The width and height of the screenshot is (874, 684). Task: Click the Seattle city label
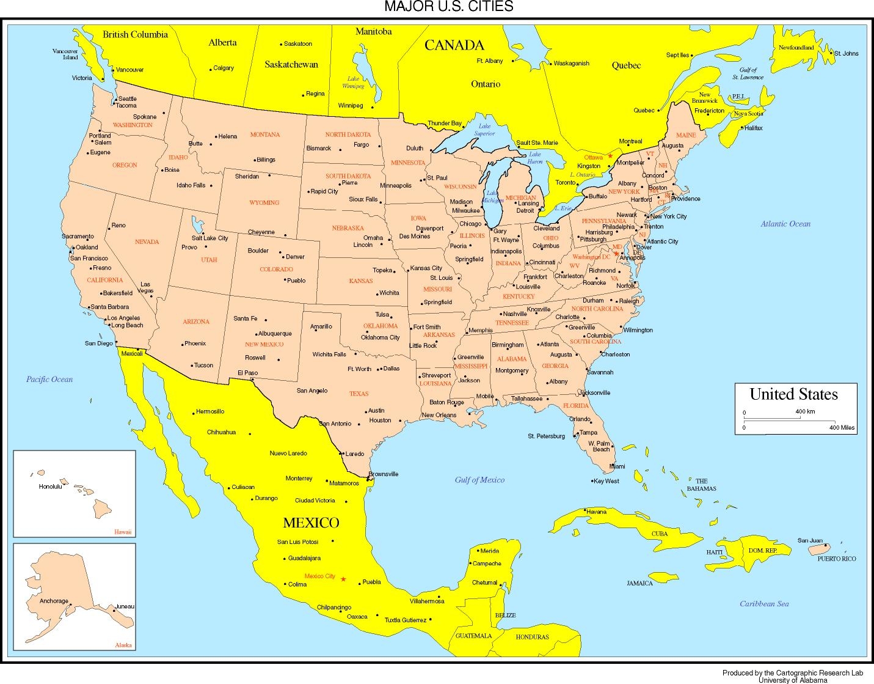click(x=127, y=98)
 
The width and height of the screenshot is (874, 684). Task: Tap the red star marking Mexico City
click(x=343, y=579)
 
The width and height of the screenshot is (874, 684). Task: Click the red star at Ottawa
click(x=610, y=156)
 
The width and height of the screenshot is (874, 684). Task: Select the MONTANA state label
click(x=265, y=134)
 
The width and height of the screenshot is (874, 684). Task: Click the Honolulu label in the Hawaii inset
click(x=50, y=487)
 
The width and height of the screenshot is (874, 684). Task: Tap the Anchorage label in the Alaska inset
click(x=54, y=601)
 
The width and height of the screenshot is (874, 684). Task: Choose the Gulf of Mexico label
click(x=479, y=480)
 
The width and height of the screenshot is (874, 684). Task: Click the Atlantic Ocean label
click(x=785, y=224)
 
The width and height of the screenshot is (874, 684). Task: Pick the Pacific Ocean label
click(x=49, y=379)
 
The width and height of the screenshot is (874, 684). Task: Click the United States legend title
click(x=793, y=394)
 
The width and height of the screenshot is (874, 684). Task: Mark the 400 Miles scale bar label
click(x=842, y=428)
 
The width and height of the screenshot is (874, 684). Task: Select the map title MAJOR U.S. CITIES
click(x=448, y=7)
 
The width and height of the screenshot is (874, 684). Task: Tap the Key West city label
click(x=606, y=481)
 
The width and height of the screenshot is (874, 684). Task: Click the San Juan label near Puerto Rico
click(x=810, y=540)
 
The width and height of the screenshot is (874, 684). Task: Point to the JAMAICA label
click(x=639, y=583)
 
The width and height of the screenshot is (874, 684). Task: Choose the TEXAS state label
click(x=359, y=394)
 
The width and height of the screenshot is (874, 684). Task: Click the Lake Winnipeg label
click(x=353, y=83)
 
